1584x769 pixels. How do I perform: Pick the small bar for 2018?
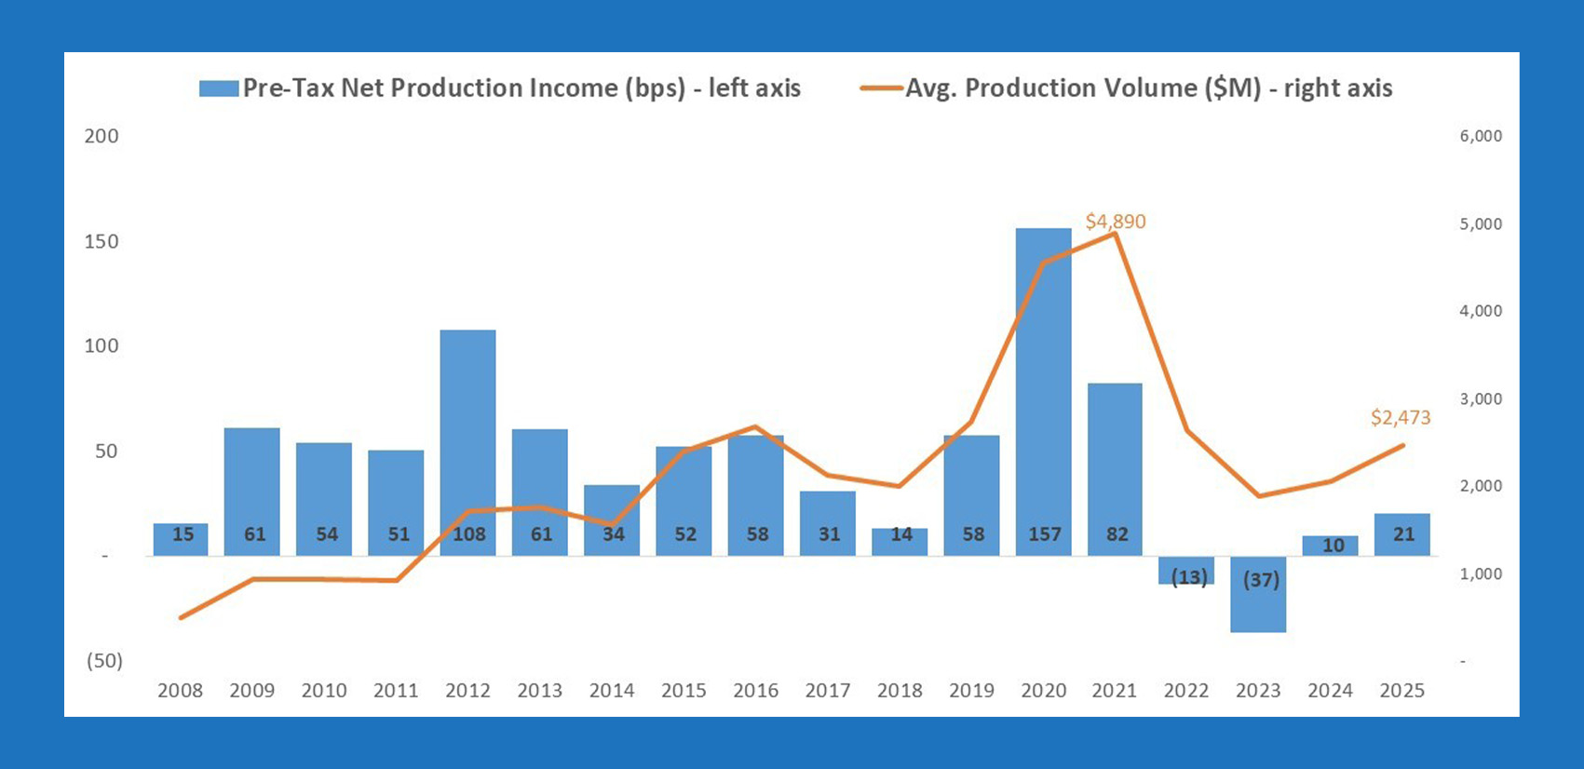point(900,542)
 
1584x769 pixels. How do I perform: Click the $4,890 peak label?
point(1115,222)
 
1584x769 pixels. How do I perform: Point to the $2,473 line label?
point(1401,417)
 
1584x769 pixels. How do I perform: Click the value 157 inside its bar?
point(1044,534)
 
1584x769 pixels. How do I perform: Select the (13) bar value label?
point(1188,577)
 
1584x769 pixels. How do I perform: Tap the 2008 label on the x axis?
point(180,691)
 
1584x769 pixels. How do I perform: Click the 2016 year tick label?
point(755,691)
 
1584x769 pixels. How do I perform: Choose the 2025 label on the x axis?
point(1401,691)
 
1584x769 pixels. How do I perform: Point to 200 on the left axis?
point(102,136)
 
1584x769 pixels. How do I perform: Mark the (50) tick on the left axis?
point(104,661)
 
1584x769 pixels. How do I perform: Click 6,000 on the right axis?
point(1481,136)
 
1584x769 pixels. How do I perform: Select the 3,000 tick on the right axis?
point(1481,398)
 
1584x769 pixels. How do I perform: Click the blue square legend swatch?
point(218,88)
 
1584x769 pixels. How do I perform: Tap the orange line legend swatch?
point(881,88)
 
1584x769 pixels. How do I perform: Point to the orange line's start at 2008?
point(181,617)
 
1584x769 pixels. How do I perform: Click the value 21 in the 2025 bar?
point(1402,534)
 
